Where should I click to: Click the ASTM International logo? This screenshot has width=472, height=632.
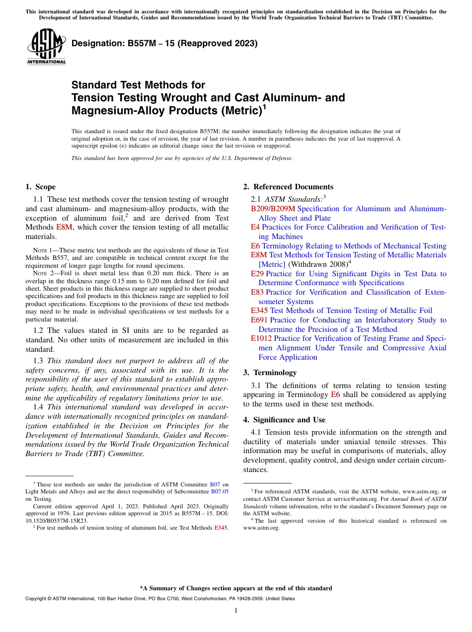[46, 47]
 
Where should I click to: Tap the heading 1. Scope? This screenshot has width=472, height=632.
[40, 187]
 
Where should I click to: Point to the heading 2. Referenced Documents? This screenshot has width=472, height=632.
[288, 187]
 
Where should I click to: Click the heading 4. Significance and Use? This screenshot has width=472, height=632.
[284, 420]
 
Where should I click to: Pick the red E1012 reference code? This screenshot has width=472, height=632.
[261, 338]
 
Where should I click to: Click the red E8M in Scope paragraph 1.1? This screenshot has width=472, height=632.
[64, 227]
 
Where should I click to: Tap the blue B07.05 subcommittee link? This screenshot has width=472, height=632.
[220, 491]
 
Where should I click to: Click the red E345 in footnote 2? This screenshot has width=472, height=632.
[221, 528]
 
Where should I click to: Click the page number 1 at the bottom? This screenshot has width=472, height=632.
[236, 611]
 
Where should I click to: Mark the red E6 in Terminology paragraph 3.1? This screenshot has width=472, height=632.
[335, 395]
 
